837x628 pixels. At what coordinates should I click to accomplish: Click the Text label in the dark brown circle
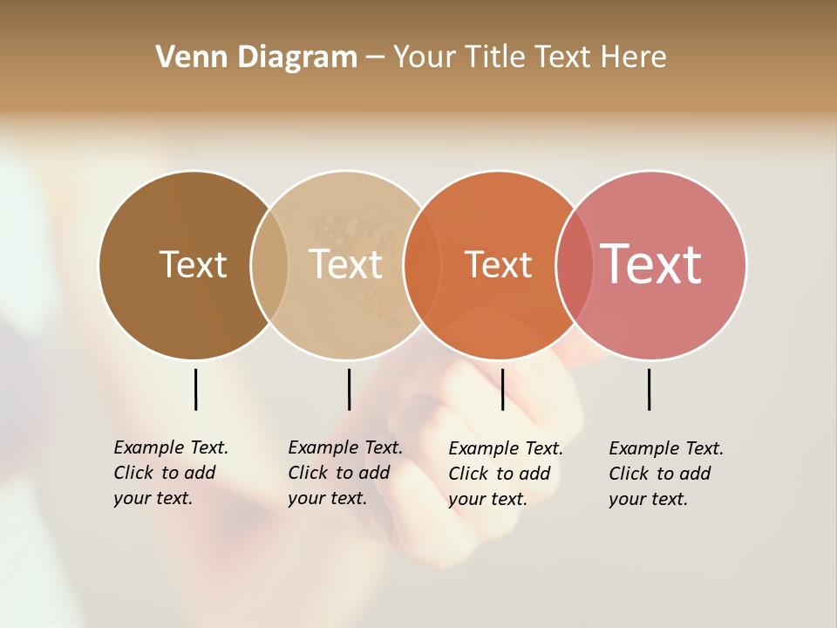tap(193, 264)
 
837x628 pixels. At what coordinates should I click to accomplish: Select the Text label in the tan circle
tap(345, 264)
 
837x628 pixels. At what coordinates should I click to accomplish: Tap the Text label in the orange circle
tap(498, 264)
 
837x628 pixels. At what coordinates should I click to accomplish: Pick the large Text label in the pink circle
tap(650, 263)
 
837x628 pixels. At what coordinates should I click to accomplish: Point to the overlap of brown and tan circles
tap(269, 264)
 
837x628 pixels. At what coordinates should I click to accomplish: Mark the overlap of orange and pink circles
tap(575, 264)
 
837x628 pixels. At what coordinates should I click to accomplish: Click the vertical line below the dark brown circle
tap(195, 389)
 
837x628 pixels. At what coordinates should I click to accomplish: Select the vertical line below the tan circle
tap(349, 389)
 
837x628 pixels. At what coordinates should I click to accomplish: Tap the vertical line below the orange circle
tap(502, 389)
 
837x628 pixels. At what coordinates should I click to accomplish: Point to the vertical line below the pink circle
tap(649, 389)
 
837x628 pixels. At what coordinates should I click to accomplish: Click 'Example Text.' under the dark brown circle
tap(171, 447)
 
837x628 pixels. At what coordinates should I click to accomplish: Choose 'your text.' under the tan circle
tap(327, 498)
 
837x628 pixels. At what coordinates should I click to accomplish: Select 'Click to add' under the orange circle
tap(500, 474)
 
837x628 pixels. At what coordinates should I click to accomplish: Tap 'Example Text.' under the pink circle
tap(666, 448)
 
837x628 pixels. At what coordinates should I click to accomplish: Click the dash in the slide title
tap(375, 58)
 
